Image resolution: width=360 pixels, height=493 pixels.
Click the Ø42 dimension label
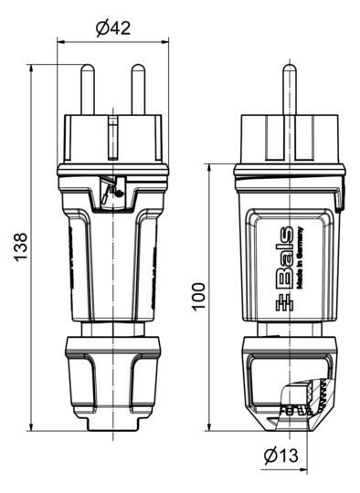(x=113, y=27)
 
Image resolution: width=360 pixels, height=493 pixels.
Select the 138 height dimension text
(x=21, y=247)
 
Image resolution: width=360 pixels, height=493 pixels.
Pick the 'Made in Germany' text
(x=298, y=259)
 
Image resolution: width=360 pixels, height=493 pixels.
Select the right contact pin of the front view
(x=138, y=89)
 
